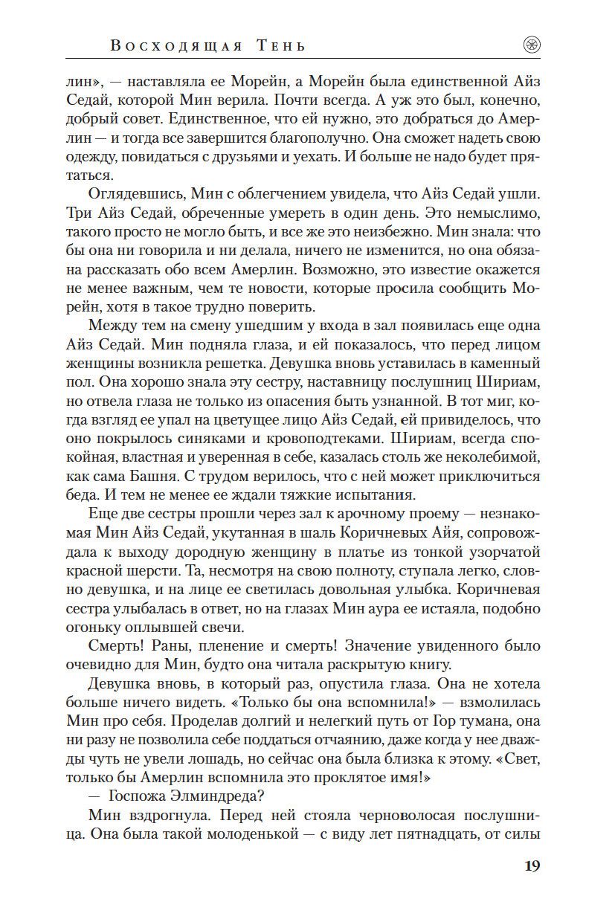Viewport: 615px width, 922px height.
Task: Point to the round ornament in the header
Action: pyautogui.click(x=532, y=45)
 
